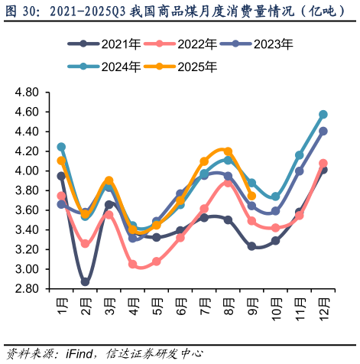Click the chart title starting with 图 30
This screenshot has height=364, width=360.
click(180, 11)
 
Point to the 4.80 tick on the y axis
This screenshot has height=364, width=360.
click(26, 93)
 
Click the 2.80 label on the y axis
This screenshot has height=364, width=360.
click(26, 289)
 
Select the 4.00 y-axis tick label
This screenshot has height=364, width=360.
click(26, 171)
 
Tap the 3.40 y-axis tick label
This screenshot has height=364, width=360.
click(26, 230)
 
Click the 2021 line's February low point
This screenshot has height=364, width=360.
click(85, 282)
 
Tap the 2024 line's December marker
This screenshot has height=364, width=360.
click(323, 115)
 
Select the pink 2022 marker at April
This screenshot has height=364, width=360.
click(132, 264)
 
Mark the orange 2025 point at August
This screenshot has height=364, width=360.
click(228, 151)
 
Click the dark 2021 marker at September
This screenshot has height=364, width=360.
click(251, 246)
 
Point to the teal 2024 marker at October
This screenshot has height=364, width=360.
click(275, 197)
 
